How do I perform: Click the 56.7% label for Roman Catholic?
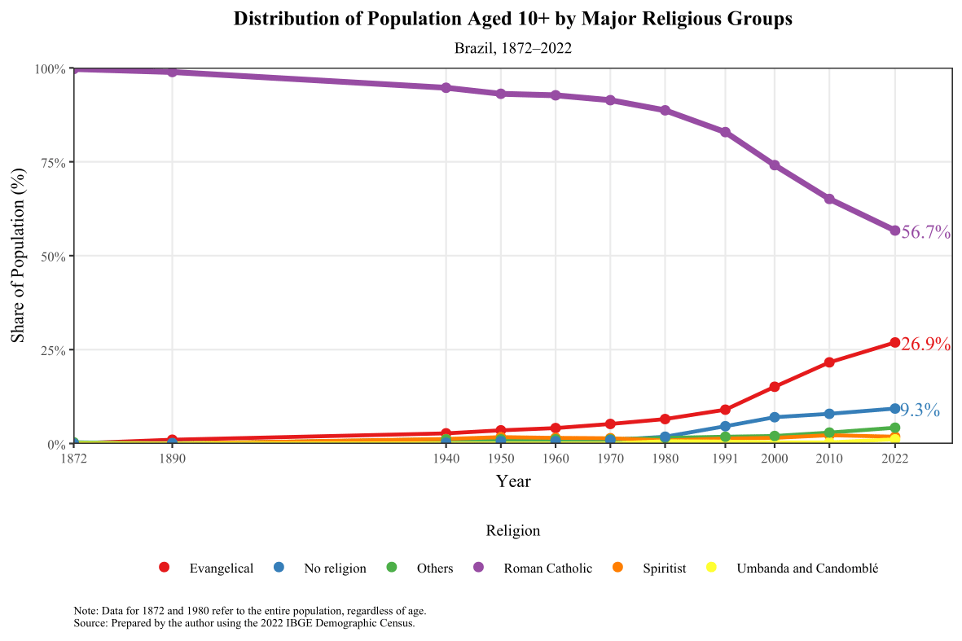926,232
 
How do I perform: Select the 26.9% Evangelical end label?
926,345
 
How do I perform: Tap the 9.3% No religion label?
920,411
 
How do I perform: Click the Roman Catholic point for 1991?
725,132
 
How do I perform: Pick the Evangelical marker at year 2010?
829,362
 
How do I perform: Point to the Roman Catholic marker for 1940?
446,88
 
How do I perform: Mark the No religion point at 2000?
775,417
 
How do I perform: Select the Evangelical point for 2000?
775,387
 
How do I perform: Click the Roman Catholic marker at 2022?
894,230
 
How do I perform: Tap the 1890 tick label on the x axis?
172,459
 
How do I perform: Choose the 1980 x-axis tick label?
665,459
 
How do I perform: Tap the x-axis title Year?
513,481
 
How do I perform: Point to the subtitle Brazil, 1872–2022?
513,48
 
